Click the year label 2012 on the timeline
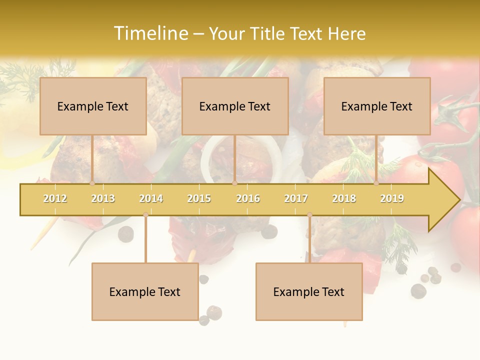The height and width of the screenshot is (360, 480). point(55,198)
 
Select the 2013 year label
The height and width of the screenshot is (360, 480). point(103,198)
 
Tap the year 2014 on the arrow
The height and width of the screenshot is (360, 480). point(151,198)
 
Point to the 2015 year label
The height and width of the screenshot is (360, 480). point(199,198)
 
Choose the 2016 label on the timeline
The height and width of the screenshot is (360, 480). point(248,198)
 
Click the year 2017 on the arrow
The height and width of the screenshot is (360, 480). point(296,198)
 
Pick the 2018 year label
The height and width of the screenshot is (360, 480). point(344,198)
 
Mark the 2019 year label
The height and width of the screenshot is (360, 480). point(392,198)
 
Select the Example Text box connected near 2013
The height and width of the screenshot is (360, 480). point(93,106)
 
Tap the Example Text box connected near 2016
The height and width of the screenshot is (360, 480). point(235,106)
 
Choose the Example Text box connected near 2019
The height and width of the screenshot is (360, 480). point(377,106)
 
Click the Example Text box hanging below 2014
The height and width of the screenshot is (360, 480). point(145,291)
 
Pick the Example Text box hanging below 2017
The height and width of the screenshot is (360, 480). point(309,291)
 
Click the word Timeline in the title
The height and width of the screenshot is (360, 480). point(151,33)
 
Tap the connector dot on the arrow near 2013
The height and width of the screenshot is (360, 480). point(92,183)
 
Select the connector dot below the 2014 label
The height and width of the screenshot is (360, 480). point(145,214)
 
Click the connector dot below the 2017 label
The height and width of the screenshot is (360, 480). point(309,214)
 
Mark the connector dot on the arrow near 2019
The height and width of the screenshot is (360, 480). point(376,183)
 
